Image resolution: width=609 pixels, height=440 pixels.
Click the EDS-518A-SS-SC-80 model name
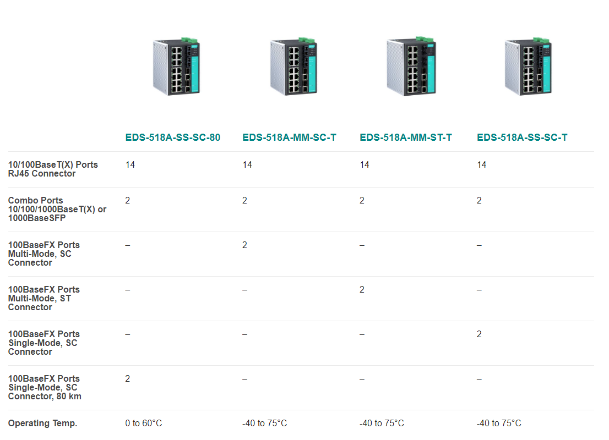[x=172, y=137]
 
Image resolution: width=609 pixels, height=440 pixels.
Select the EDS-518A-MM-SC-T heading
[x=289, y=137]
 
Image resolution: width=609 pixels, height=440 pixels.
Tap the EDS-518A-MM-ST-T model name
[x=406, y=137]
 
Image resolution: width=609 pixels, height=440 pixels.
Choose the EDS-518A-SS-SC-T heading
[x=522, y=137]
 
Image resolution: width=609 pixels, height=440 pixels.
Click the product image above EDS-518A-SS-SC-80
[x=176, y=67]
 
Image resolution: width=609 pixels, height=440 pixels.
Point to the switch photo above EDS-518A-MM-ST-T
[x=411, y=66]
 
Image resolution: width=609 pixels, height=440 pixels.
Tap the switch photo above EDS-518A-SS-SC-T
[x=528, y=67]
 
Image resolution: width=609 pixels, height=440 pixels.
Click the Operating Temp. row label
[x=43, y=424]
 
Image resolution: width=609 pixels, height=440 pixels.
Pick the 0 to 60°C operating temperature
[x=144, y=424]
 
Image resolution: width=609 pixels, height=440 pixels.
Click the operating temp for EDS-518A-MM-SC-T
[x=264, y=424]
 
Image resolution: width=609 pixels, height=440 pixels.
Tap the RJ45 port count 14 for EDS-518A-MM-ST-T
[x=365, y=165]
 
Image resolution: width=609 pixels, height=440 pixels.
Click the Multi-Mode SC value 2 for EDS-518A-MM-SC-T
[x=244, y=245]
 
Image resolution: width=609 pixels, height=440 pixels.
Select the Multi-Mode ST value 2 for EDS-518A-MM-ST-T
[x=362, y=290]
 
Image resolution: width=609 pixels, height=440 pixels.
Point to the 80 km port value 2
[x=127, y=379]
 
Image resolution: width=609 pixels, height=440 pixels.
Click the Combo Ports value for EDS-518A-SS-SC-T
[x=479, y=201]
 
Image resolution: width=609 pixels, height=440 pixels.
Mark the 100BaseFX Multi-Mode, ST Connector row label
[x=44, y=299]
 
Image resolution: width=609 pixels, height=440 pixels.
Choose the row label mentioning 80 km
[x=45, y=387]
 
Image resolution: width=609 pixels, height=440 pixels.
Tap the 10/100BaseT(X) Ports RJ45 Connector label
[x=53, y=169]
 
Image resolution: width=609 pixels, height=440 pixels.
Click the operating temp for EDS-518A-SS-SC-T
[x=499, y=424]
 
